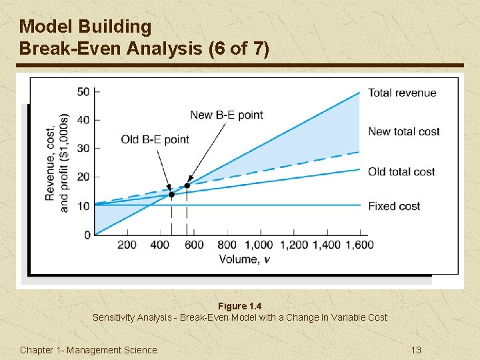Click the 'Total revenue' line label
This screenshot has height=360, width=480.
tap(402, 93)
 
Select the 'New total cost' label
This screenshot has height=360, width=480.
tap(403, 131)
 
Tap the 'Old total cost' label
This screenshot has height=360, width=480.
tap(401, 172)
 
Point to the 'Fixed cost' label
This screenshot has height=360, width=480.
tap(394, 206)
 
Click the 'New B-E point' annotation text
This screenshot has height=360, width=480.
tap(227, 115)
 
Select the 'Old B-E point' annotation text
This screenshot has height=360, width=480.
tap(155, 139)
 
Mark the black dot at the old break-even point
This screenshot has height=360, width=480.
tap(171, 195)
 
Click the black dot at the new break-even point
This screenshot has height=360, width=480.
tap(187, 186)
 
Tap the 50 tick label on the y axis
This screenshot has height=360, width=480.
tap(83, 91)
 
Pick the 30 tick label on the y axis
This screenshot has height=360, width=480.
tap(83, 148)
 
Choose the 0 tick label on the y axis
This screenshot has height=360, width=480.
tap(87, 235)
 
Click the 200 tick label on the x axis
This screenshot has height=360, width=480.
tap(127, 245)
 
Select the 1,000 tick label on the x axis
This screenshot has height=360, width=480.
tap(259, 245)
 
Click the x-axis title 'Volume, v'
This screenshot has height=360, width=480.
tap(245, 259)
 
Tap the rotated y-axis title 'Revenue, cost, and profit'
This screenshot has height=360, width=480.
tap(57, 163)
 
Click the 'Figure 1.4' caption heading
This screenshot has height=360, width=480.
tap(240, 306)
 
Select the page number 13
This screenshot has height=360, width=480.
tap(417, 350)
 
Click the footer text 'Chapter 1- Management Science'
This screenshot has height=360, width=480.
tap(89, 350)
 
